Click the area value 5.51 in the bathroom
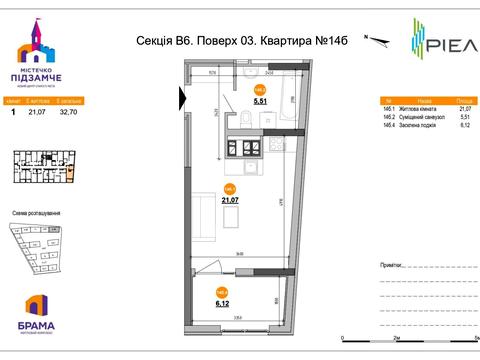[259, 101]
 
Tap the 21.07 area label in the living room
[229, 199]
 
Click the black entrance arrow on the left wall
[182, 97]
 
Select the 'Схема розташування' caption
[37, 214]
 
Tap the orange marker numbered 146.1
[229, 187]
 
